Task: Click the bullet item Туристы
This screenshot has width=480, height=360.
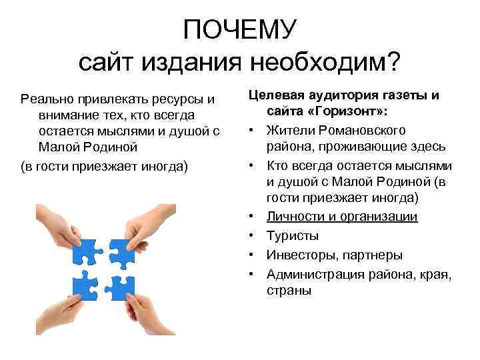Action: pyautogui.click(x=292, y=235)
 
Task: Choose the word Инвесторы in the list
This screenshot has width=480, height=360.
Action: pyautogui.click(x=301, y=255)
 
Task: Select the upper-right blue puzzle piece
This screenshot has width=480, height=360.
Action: pyautogui.click(x=121, y=251)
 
